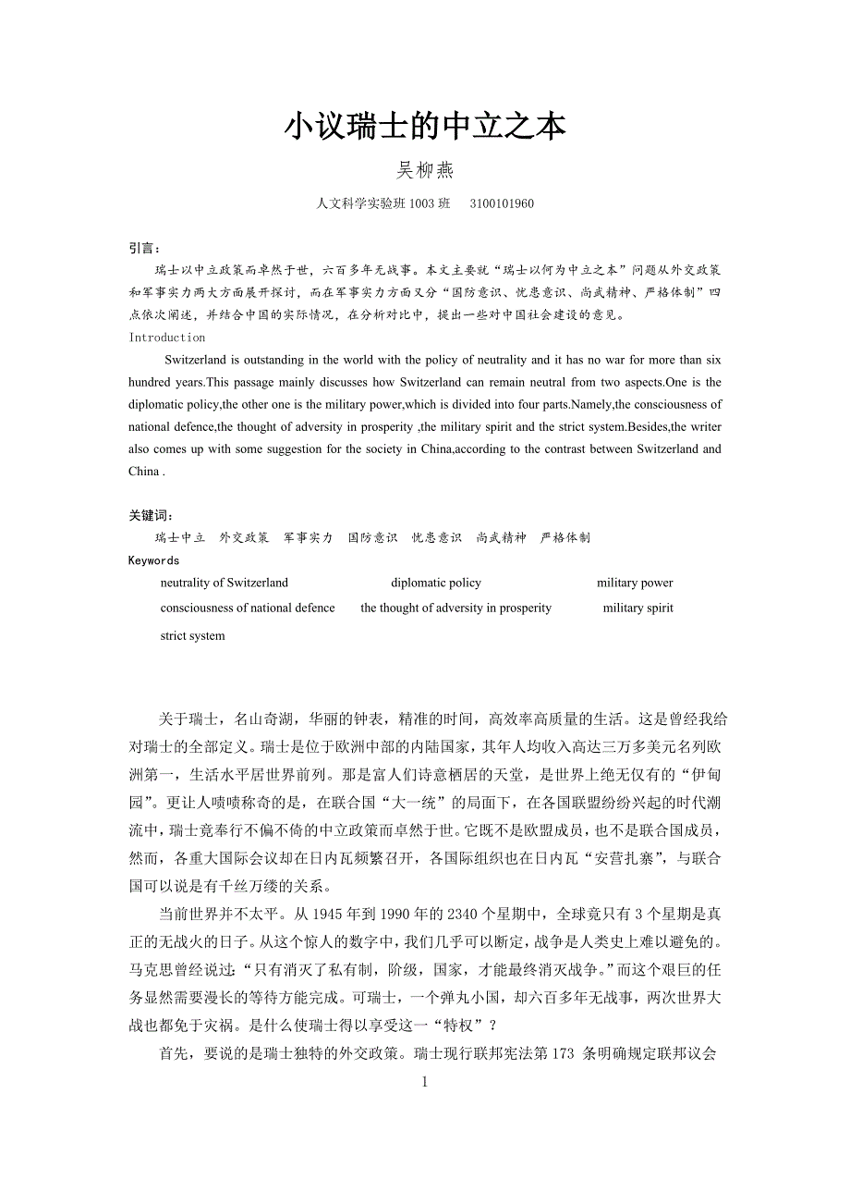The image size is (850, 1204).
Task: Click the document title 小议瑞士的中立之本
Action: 424,127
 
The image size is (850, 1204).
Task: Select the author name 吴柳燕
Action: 424,170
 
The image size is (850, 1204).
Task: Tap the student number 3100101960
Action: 501,203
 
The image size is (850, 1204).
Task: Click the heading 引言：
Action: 145,249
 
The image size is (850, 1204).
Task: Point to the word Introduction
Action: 167,338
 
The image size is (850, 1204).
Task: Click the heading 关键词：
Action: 151,515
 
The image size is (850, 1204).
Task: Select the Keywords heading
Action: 153,560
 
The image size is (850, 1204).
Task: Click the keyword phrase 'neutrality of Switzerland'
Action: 225,583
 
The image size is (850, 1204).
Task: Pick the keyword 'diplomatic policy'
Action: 436,583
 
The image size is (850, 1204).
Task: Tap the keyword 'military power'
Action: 635,583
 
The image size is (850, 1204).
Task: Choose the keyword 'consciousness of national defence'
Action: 248,608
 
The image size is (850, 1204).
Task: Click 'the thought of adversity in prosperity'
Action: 455,608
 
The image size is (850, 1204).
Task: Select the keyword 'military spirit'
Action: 637,608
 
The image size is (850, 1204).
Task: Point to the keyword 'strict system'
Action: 192,635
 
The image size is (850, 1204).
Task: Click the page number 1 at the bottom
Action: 425,1081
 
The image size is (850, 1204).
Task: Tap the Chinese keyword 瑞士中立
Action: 180,537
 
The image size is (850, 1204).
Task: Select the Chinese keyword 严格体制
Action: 565,537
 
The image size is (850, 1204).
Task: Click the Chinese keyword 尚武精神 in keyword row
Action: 501,537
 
